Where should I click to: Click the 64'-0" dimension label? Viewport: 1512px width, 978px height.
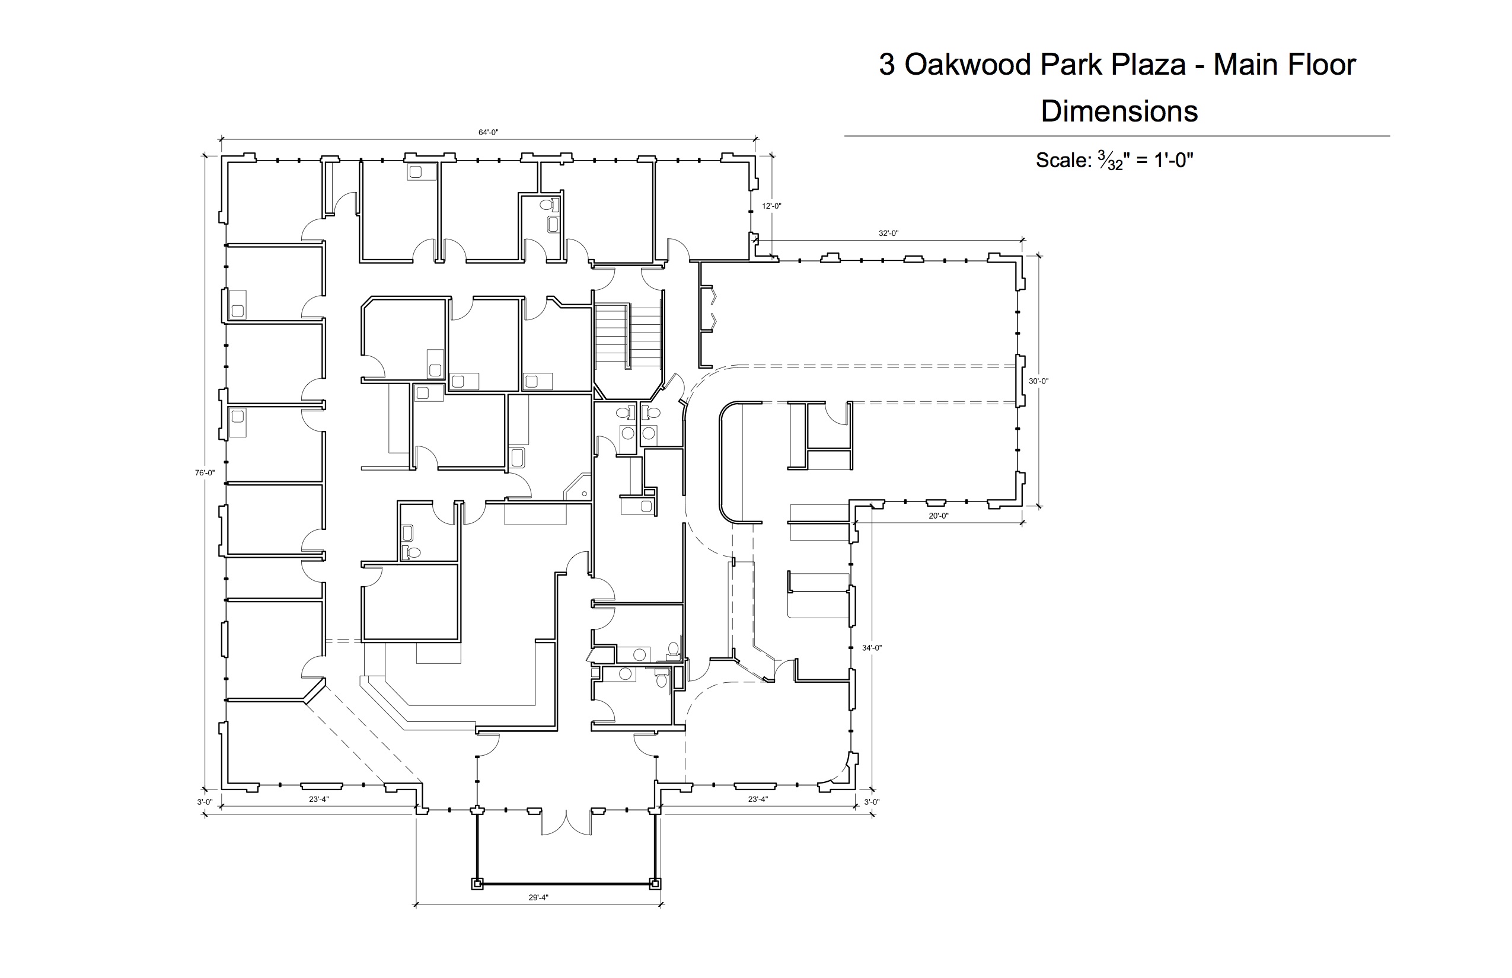click(488, 133)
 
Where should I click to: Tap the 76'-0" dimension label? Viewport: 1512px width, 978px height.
click(205, 472)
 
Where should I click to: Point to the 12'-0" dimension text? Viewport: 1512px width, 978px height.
click(771, 206)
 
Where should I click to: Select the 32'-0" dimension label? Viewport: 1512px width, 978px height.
click(888, 233)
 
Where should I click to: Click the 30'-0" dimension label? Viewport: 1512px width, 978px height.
click(1038, 381)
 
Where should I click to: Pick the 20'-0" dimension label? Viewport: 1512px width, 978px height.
click(938, 516)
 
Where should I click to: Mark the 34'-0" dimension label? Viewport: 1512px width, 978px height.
click(872, 648)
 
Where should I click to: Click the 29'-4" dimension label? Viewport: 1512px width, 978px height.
click(538, 897)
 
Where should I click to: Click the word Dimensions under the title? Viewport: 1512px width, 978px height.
click(1119, 111)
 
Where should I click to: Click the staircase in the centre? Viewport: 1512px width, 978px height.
click(629, 337)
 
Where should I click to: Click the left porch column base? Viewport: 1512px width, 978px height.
click(477, 883)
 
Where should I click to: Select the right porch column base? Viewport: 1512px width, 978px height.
click(655, 883)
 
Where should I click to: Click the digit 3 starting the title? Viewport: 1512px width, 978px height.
click(887, 65)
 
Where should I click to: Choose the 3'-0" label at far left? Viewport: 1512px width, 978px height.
click(205, 802)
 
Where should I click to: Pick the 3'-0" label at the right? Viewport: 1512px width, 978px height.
click(872, 802)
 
